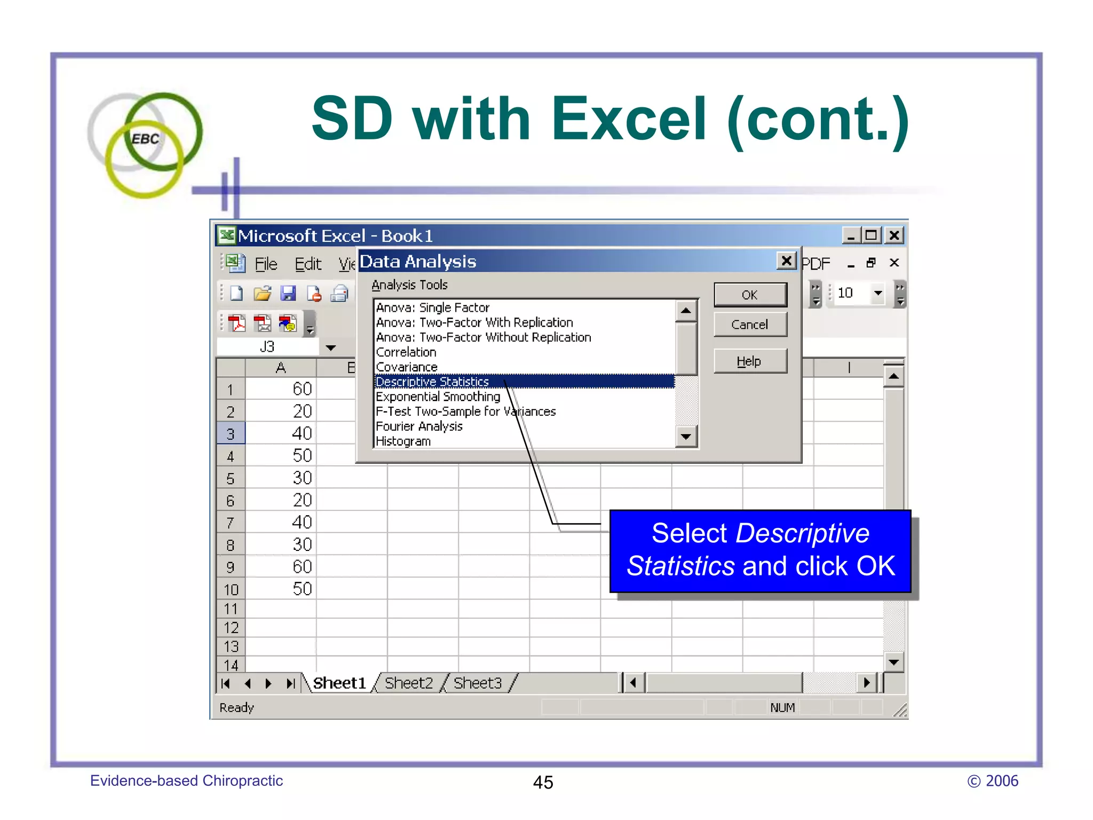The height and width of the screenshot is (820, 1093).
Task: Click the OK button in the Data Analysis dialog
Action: click(750, 295)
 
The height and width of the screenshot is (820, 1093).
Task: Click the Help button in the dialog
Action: click(750, 361)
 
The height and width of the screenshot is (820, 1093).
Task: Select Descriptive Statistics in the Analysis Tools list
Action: click(432, 382)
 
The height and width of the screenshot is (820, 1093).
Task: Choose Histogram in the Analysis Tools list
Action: click(403, 441)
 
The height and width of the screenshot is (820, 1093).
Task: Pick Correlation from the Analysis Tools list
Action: click(406, 352)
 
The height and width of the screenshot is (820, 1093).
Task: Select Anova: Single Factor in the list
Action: click(433, 307)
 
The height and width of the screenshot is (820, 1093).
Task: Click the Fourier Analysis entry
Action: click(419, 427)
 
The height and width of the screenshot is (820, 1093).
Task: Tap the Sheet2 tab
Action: click(409, 683)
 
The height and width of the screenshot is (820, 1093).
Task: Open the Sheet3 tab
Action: click(478, 683)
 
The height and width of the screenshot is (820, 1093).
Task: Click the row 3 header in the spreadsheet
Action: click(231, 433)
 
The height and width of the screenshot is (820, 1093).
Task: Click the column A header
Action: click(281, 368)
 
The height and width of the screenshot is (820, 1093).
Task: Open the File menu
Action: click(266, 264)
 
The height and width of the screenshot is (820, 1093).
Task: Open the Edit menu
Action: click(308, 264)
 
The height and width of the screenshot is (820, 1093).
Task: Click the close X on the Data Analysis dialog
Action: click(786, 261)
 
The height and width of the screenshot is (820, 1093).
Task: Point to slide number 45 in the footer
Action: click(543, 783)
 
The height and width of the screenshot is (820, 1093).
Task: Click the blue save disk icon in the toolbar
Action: click(288, 293)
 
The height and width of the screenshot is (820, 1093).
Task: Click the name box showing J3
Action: click(267, 347)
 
